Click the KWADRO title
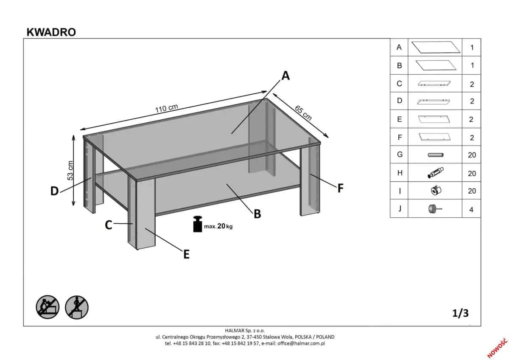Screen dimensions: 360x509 point(51,32)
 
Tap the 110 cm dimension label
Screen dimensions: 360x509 point(166,108)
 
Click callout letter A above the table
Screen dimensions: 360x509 point(285,76)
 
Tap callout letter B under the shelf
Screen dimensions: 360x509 point(257,214)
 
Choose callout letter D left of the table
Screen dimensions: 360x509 point(54,191)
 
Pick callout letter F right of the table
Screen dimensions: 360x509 point(340,188)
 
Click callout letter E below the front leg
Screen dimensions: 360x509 point(186,254)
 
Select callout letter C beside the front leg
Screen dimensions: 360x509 point(109,225)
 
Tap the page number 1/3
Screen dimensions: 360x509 point(460,313)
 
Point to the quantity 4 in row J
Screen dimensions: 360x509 point(471,209)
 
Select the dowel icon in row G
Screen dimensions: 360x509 point(435,155)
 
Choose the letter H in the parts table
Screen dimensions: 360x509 point(399,173)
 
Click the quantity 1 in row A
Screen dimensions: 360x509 point(472,48)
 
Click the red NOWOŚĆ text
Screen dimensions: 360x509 point(497,347)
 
